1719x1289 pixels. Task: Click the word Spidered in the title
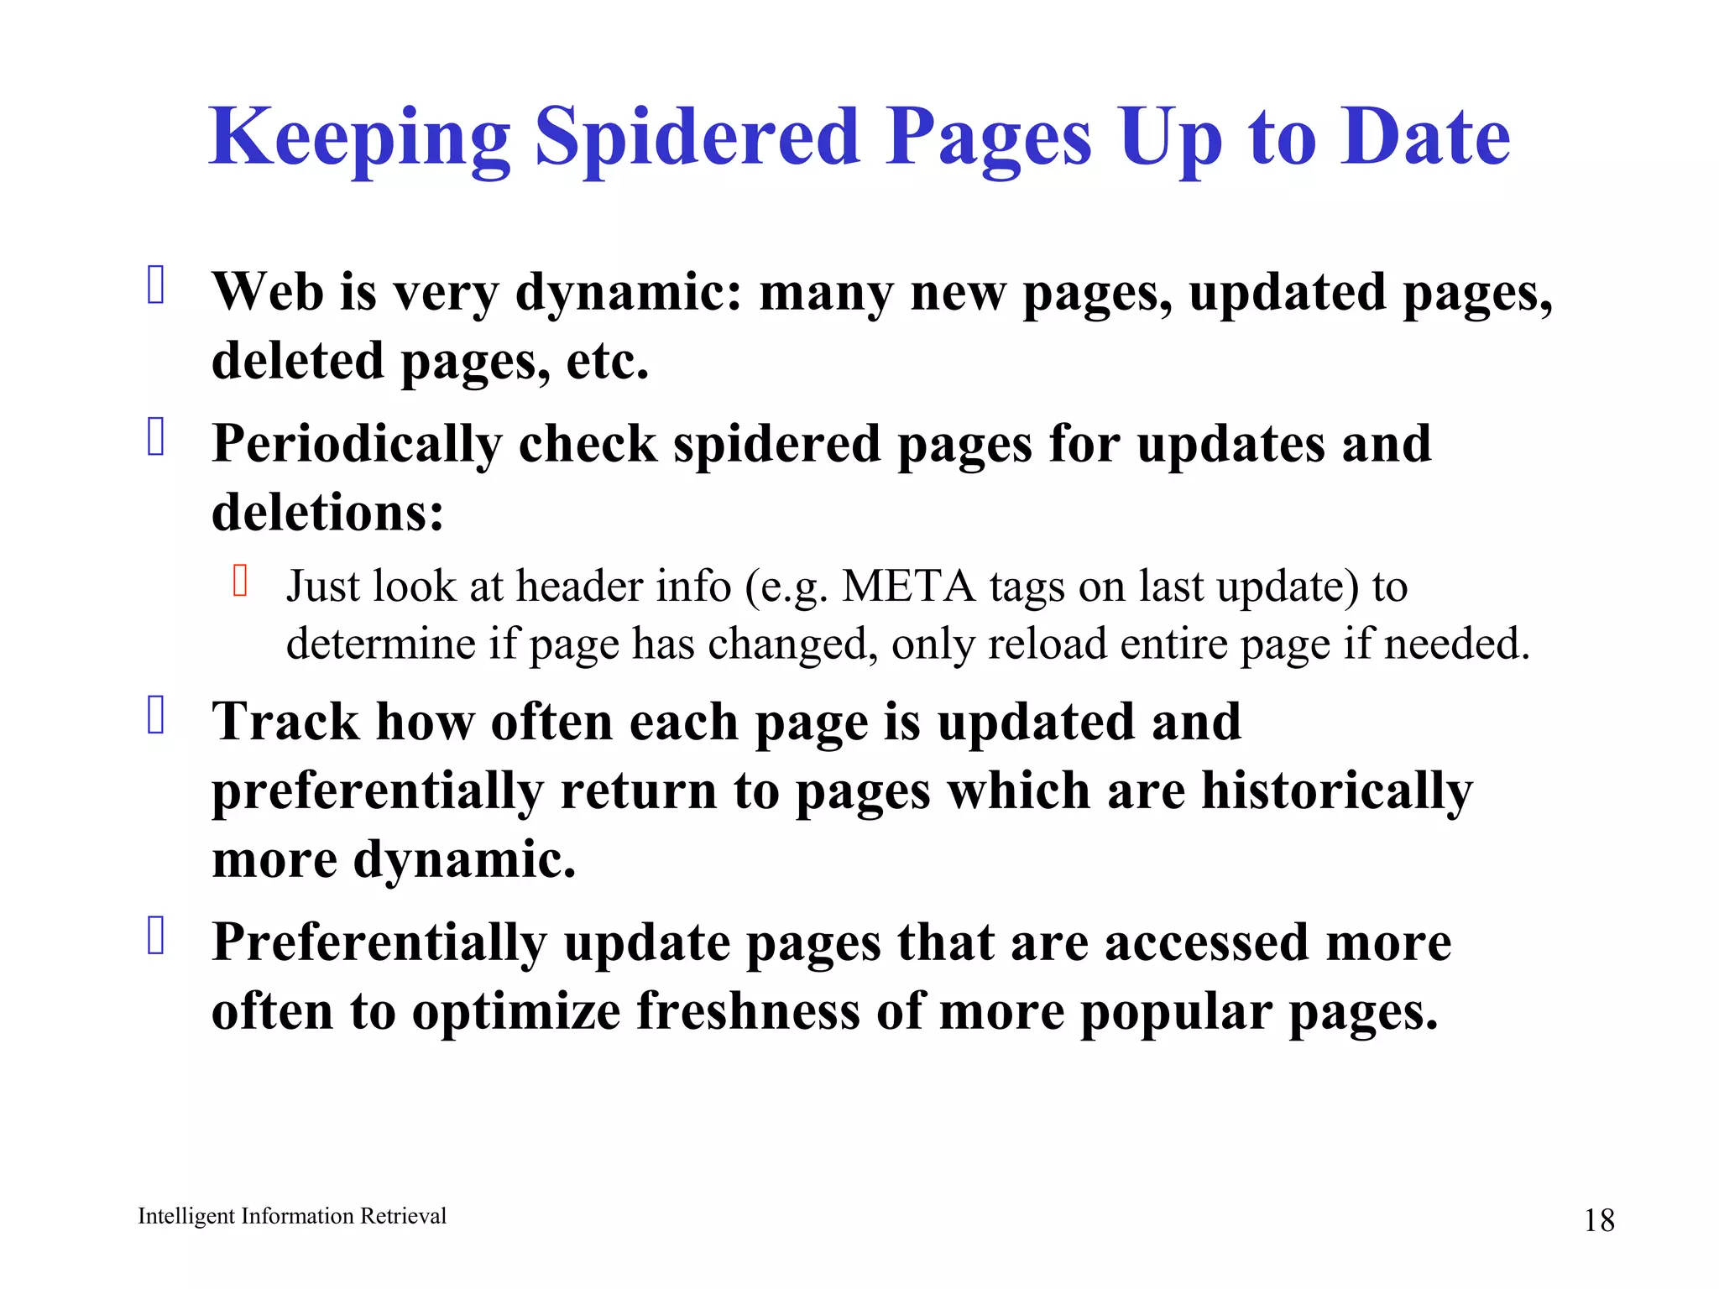coord(697,138)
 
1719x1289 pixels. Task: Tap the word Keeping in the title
coord(360,138)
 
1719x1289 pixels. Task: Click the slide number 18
coord(1599,1220)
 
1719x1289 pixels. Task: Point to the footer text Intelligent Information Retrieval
coord(292,1216)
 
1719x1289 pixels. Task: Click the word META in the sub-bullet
coord(909,586)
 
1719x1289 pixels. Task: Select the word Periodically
coord(357,445)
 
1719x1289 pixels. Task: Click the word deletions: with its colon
coord(327,512)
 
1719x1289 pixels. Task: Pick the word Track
coord(285,722)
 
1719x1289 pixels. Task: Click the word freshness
coord(748,1010)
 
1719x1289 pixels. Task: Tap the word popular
coord(1176,1012)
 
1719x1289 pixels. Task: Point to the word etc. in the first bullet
coord(608,362)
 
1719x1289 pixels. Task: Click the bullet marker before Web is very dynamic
coord(156,284)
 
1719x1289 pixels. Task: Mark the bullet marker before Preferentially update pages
coord(156,936)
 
